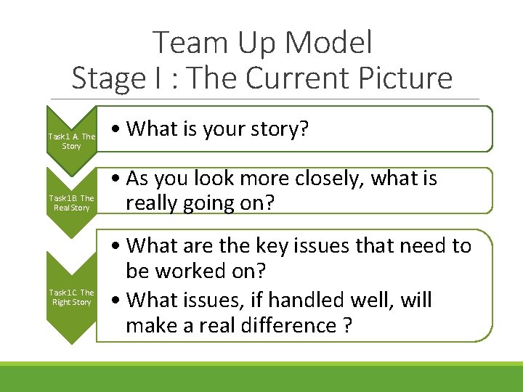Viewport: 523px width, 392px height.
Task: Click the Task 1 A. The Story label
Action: (x=71, y=141)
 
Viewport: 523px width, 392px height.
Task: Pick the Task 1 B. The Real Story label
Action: (x=71, y=203)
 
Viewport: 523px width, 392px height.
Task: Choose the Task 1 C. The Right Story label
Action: (x=71, y=297)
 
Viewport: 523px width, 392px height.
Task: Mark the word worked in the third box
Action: (x=200, y=271)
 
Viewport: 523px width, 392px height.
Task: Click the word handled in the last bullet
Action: (x=294, y=299)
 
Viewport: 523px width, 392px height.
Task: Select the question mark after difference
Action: (x=346, y=325)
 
